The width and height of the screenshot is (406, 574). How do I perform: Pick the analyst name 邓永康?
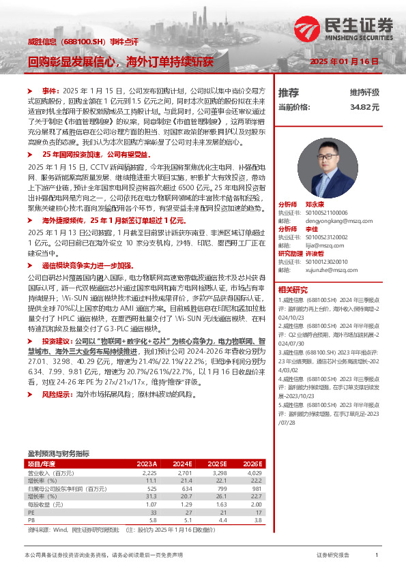tap(315, 205)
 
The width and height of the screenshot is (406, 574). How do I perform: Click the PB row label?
tap(31, 521)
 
